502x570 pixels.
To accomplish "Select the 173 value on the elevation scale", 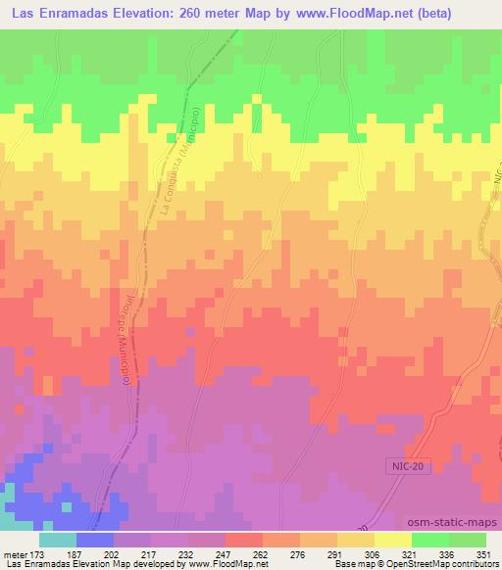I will (x=37, y=555).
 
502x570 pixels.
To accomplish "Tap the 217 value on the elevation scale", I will (x=147, y=555).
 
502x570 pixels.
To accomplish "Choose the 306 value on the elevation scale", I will (x=371, y=555).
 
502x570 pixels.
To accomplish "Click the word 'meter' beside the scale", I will (x=14, y=555).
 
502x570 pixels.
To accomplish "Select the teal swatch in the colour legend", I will (x=57, y=540).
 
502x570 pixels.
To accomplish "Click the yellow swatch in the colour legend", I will (x=392, y=540).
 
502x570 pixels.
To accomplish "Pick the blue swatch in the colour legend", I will (x=94, y=540).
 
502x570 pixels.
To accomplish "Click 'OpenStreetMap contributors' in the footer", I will (x=440, y=565).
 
